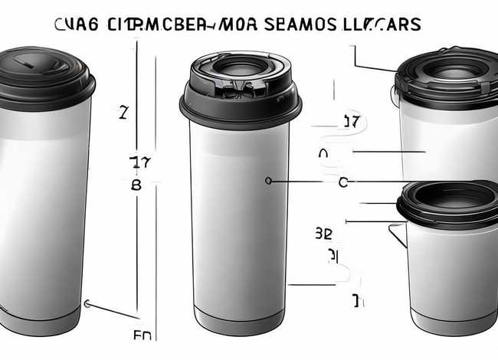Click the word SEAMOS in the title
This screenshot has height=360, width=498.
click(x=300, y=25)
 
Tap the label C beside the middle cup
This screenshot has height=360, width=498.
click(x=342, y=182)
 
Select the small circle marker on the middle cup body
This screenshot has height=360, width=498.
click(x=267, y=181)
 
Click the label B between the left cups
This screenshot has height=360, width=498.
click(x=136, y=185)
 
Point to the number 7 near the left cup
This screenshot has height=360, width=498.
click(x=123, y=113)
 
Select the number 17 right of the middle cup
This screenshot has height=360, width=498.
click(x=351, y=122)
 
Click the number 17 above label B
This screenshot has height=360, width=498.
click(x=139, y=162)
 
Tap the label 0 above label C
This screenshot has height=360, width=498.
click(x=323, y=154)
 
